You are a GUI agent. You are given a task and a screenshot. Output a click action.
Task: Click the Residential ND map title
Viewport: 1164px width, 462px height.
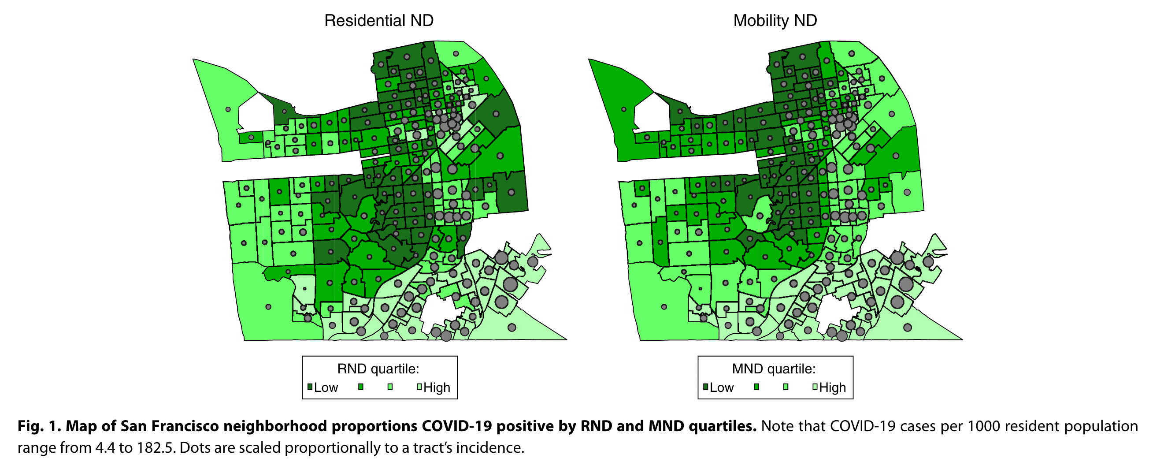[x=378, y=21]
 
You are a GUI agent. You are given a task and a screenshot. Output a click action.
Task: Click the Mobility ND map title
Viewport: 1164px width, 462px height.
[x=775, y=21]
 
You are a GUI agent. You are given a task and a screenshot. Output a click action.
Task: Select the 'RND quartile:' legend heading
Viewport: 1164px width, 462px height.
[x=378, y=369]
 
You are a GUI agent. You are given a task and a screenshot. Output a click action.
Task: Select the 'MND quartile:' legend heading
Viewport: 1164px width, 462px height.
[x=774, y=369]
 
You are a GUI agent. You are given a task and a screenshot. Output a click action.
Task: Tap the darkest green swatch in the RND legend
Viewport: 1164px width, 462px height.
[x=310, y=387]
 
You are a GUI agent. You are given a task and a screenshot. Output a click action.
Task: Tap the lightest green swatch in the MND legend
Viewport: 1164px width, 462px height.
[x=815, y=387]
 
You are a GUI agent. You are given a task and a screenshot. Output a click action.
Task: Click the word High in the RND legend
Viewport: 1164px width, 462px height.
[x=437, y=387]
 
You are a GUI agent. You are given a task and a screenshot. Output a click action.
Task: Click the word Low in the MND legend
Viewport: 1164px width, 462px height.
[x=722, y=387]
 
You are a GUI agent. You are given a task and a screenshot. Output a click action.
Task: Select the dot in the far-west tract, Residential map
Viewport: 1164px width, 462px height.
[x=228, y=109]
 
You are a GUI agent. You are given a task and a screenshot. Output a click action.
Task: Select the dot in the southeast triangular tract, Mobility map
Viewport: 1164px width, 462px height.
[x=907, y=327]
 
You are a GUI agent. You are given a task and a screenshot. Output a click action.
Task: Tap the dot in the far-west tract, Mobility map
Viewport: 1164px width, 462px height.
[x=623, y=109]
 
